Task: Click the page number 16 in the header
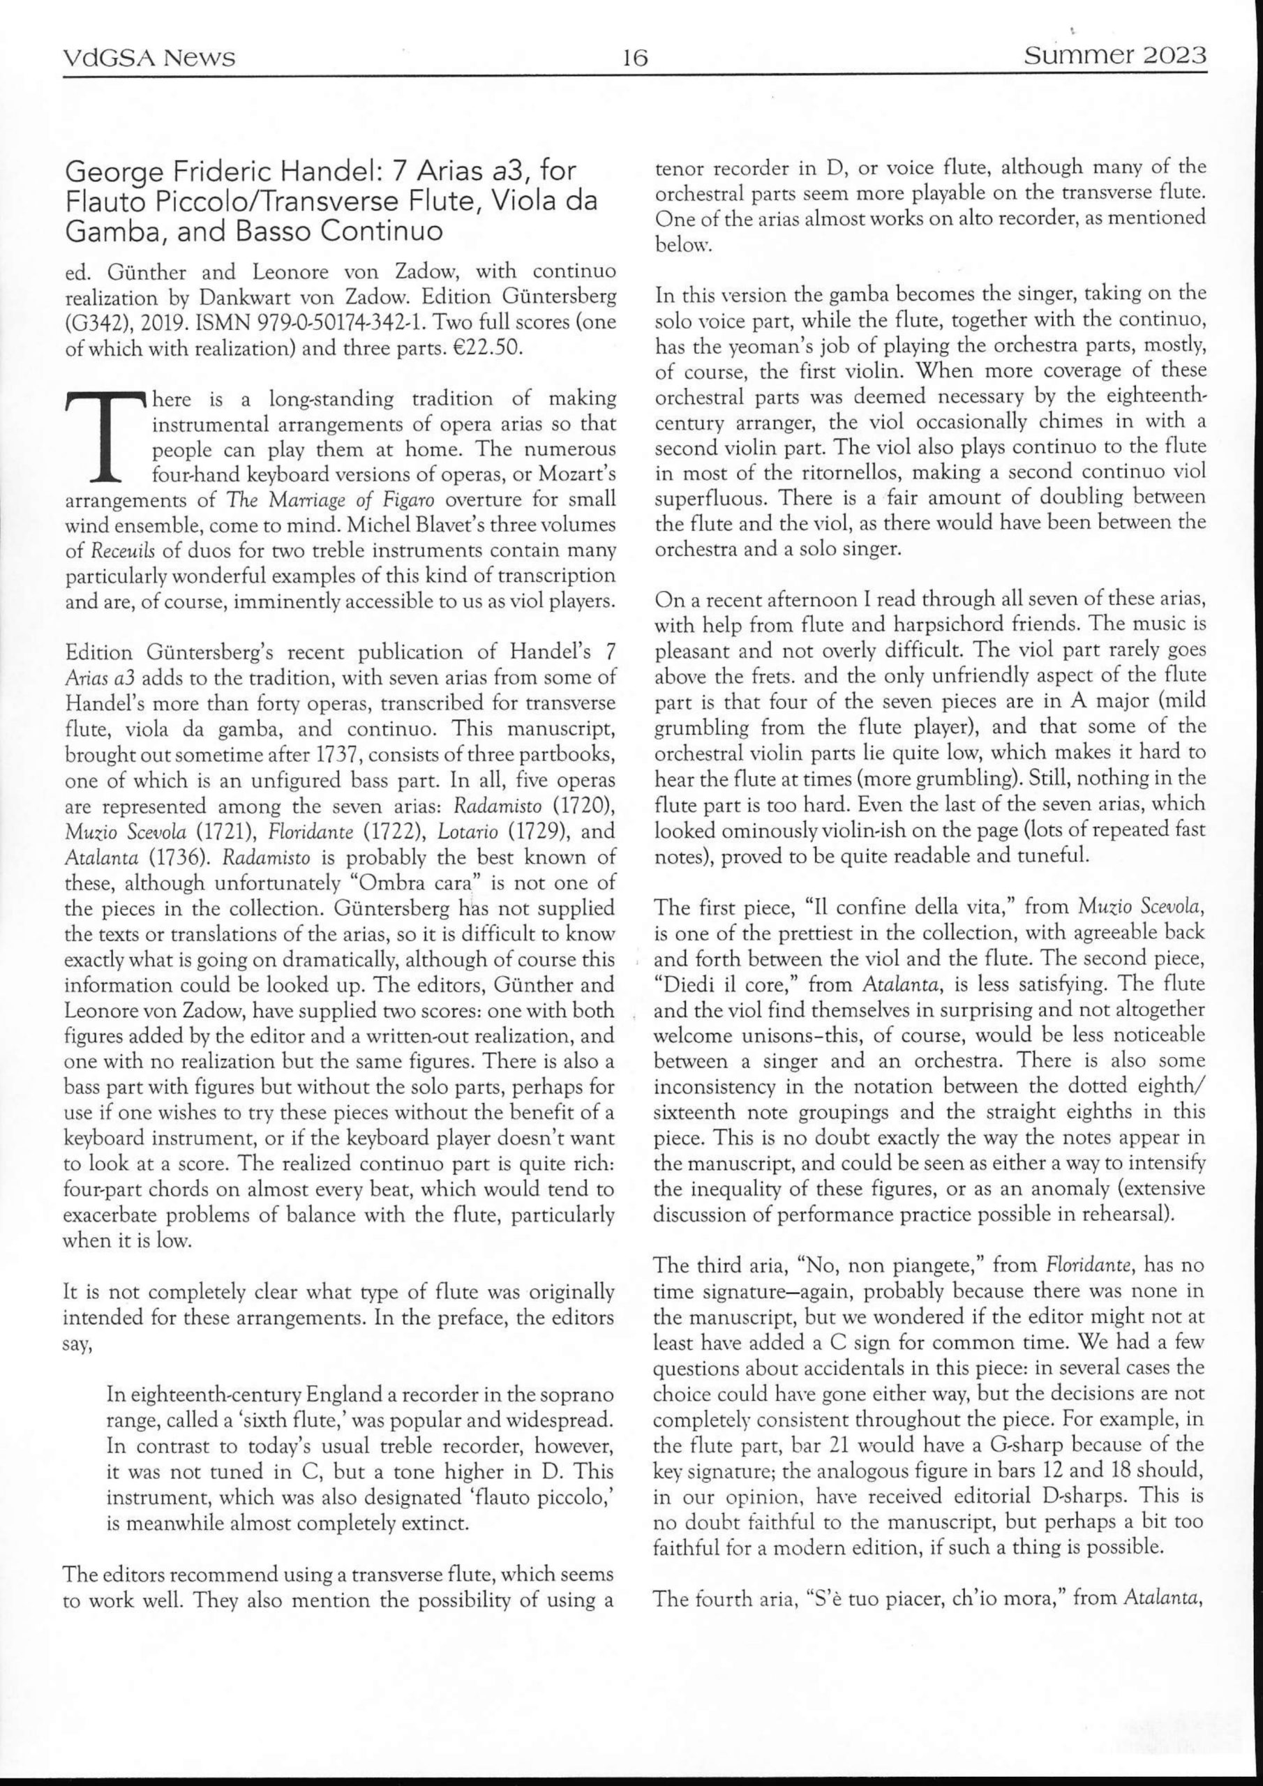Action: pos(635,59)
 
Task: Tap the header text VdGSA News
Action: pos(149,59)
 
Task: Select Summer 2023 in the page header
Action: pos(1114,56)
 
